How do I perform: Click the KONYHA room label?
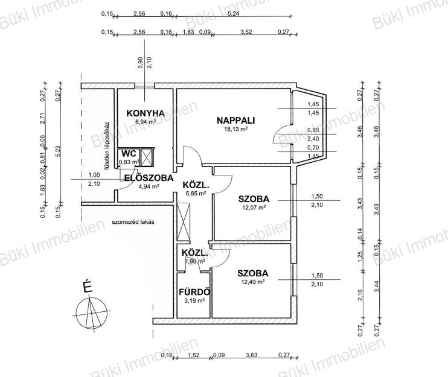click(x=146, y=113)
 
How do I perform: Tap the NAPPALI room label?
click(x=235, y=121)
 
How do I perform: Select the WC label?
click(x=129, y=154)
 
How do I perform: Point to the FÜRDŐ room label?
click(x=194, y=292)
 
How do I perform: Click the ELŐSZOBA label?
click(x=149, y=177)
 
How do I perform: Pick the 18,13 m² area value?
click(x=235, y=128)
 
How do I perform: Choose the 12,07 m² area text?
click(x=254, y=208)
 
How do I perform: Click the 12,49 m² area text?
click(x=252, y=282)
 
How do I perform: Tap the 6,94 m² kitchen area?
click(x=146, y=122)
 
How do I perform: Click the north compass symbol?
click(x=91, y=313)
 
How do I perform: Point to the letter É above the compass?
click(x=88, y=286)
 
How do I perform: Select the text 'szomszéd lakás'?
click(x=133, y=222)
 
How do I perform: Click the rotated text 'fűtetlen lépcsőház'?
click(x=107, y=146)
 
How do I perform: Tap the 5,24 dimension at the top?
click(x=234, y=13)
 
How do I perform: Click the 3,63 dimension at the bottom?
click(x=252, y=355)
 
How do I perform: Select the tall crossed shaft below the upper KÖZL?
click(x=184, y=222)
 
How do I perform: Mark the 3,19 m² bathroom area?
click(x=194, y=300)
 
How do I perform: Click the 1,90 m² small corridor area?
click(x=195, y=261)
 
